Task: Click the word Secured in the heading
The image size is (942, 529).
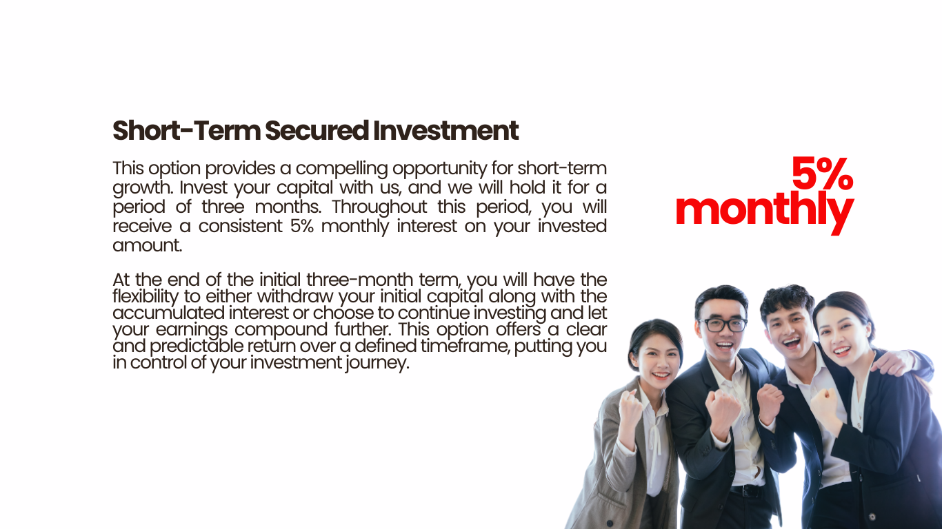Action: coord(317,130)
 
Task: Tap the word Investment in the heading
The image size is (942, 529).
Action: coord(445,130)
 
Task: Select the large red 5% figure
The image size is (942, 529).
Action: coord(822,173)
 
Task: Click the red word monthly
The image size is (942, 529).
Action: coord(765,212)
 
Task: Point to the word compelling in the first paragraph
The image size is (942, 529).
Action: coord(342,169)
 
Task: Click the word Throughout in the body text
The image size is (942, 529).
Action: coord(379,207)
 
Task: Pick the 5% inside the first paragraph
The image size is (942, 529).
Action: coord(302,226)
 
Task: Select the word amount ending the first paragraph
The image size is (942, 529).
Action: coord(147,245)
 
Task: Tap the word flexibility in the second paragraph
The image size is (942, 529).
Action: coord(146,297)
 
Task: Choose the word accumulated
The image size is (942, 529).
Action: coord(168,313)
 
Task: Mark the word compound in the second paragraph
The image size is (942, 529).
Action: coord(281,330)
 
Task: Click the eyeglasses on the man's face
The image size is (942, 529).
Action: coord(723,325)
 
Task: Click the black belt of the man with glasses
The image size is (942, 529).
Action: coord(745,490)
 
